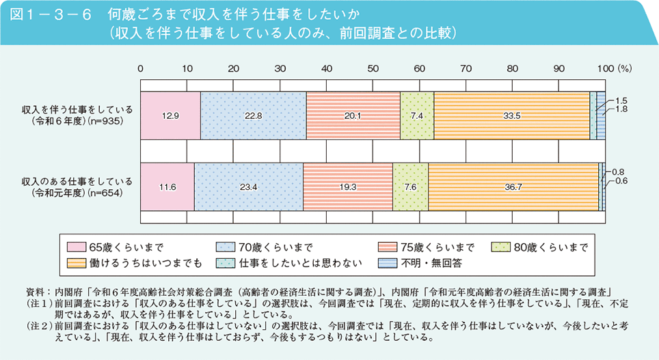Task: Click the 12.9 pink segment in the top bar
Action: coord(170,115)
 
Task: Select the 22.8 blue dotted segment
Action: coord(253,115)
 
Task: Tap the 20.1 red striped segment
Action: coord(353,115)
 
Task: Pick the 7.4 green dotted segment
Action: coord(417,115)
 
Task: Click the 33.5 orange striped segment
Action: coord(511,115)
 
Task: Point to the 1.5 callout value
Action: coord(622,100)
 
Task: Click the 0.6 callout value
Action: coord(621,181)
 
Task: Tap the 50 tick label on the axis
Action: coord(373,68)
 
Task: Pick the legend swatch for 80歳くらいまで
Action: coord(502,247)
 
